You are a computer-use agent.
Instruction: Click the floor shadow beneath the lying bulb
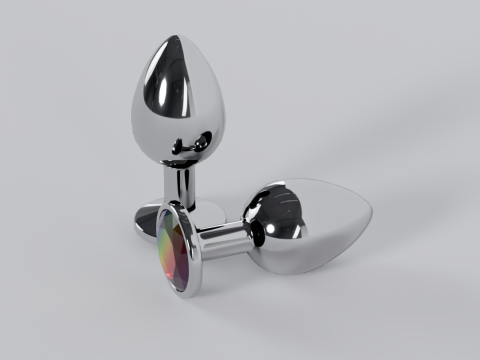point(320,285)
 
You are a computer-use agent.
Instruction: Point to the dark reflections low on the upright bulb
point(180,145)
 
